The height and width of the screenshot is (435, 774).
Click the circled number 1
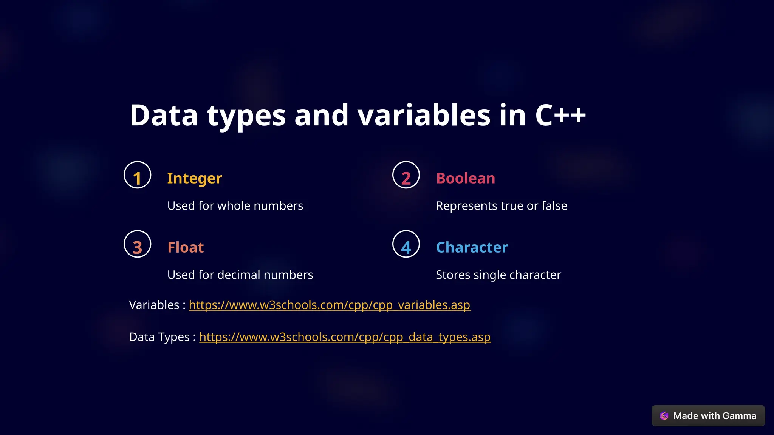(x=137, y=175)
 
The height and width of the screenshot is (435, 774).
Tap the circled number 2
(x=406, y=175)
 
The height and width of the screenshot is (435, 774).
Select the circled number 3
(x=137, y=244)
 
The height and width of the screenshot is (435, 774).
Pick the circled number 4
(x=406, y=244)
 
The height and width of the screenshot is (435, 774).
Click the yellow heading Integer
(x=194, y=178)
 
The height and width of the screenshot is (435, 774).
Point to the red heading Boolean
(x=465, y=178)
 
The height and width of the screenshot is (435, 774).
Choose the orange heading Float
(x=186, y=247)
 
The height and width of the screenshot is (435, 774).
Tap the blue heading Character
(x=472, y=247)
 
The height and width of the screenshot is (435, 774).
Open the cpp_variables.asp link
(x=329, y=305)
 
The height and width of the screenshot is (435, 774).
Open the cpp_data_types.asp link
(x=345, y=337)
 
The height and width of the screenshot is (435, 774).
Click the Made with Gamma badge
(x=708, y=416)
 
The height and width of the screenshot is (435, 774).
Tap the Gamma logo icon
(x=664, y=416)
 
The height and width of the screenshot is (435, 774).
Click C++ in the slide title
(x=560, y=115)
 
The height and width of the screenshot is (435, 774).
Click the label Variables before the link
(x=154, y=305)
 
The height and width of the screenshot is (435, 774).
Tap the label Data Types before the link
(x=159, y=337)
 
